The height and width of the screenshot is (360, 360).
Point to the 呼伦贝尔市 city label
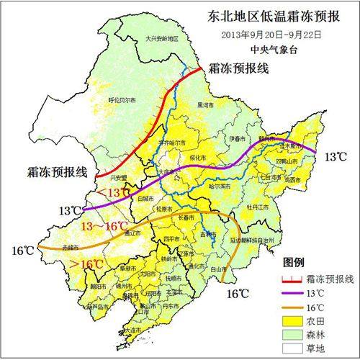pyautogui.click(x=121, y=99)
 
